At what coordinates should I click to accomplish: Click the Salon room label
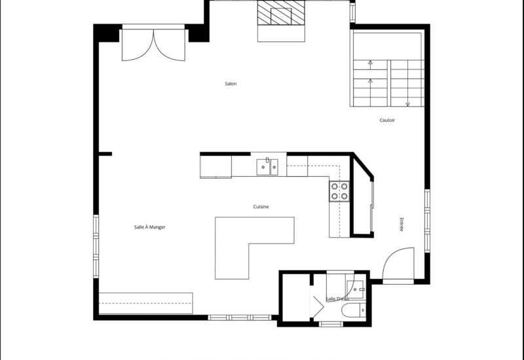click(x=230, y=84)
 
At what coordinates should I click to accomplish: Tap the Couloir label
click(x=387, y=120)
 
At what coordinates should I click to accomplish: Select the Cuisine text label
click(x=261, y=207)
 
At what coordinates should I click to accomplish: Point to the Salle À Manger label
click(x=149, y=227)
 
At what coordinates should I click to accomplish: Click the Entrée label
click(x=401, y=224)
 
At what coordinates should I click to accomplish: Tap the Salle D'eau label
click(x=337, y=298)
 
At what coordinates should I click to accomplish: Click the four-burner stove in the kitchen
click(x=339, y=190)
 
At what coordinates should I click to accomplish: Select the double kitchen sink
click(x=267, y=167)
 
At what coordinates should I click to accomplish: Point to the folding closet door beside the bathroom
click(x=317, y=305)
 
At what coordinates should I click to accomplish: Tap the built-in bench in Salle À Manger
click(x=145, y=303)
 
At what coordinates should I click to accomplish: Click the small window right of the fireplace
click(x=352, y=11)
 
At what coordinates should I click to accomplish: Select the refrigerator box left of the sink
click(x=215, y=167)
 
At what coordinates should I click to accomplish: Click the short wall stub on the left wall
click(x=105, y=154)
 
